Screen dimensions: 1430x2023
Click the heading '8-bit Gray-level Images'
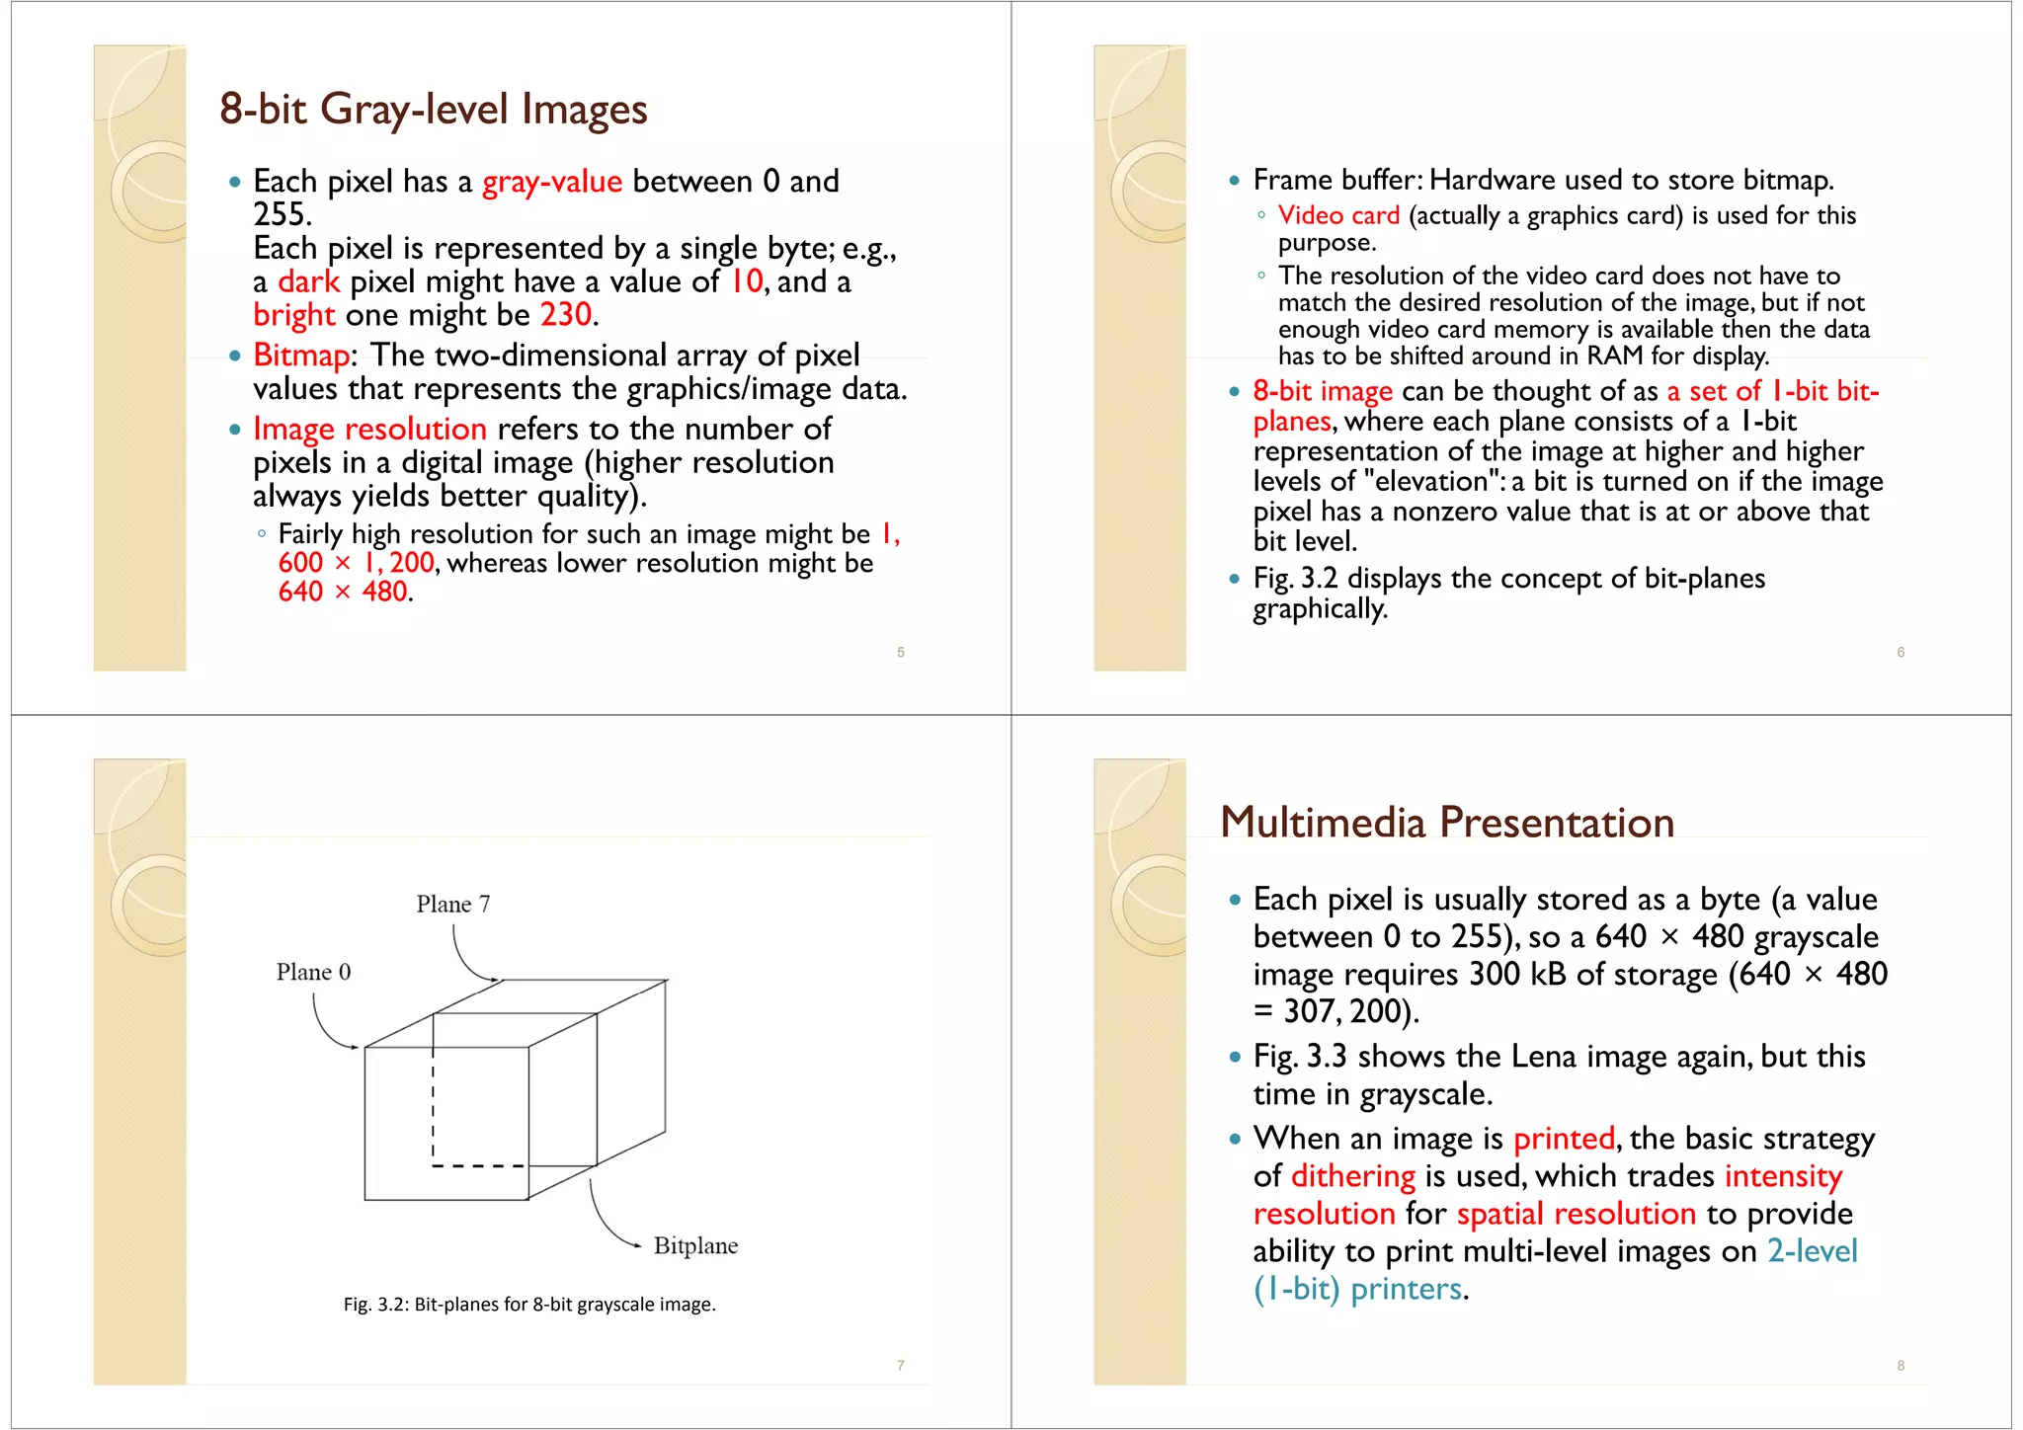pyautogui.click(x=433, y=109)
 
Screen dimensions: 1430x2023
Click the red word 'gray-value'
pyautogui.click(x=551, y=182)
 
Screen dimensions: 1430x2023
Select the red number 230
pyautogui.click(x=566, y=315)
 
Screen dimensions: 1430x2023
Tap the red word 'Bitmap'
pyautogui.click(x=301, y=356)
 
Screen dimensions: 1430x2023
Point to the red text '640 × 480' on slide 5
pyautogui.click(x=343, y=592)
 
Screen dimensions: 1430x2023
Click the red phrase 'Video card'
pyautogui.click(x=1338, y=215)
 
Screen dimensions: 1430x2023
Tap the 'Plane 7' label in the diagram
pyautogui.click(x=452, y=905)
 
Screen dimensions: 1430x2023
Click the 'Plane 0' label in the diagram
pyautogui.click(x=313, y=973)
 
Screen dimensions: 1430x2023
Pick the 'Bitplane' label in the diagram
pyautogui.click(x=695, y=1246)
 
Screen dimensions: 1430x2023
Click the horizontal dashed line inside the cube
pyautogui.click(x=479, y=1166)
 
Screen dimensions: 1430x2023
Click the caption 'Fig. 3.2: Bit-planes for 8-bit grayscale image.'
pyautogui.click(x=529, y=1305)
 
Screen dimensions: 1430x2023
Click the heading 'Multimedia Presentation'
pyautogui.click(x=1447, y=823)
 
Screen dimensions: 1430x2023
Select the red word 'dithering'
pyautogui.click(x=1353, y=1176)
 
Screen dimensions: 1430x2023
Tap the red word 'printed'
pyautogui.click(x=1564, y=1139)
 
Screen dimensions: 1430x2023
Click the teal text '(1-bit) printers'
pyautogui.click(x=1357, y=1289)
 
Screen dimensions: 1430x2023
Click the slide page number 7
pyautogui.click(x=901, y=1366)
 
